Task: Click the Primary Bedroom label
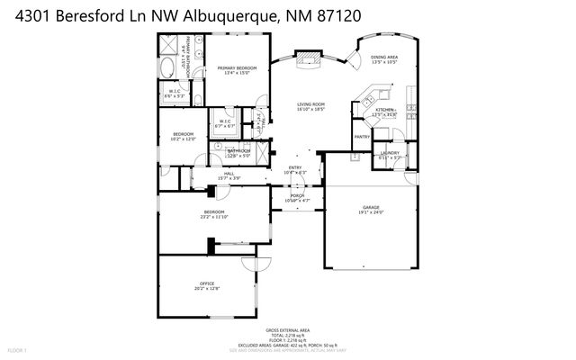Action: coord(236,68)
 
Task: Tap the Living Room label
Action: coord(311,104)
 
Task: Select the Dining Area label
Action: coord(385,58)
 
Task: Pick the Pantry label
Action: coord(361,137)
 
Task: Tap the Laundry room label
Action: coord(390,153)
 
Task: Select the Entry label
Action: coord(295,167)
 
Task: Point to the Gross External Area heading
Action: coord(288,331)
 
